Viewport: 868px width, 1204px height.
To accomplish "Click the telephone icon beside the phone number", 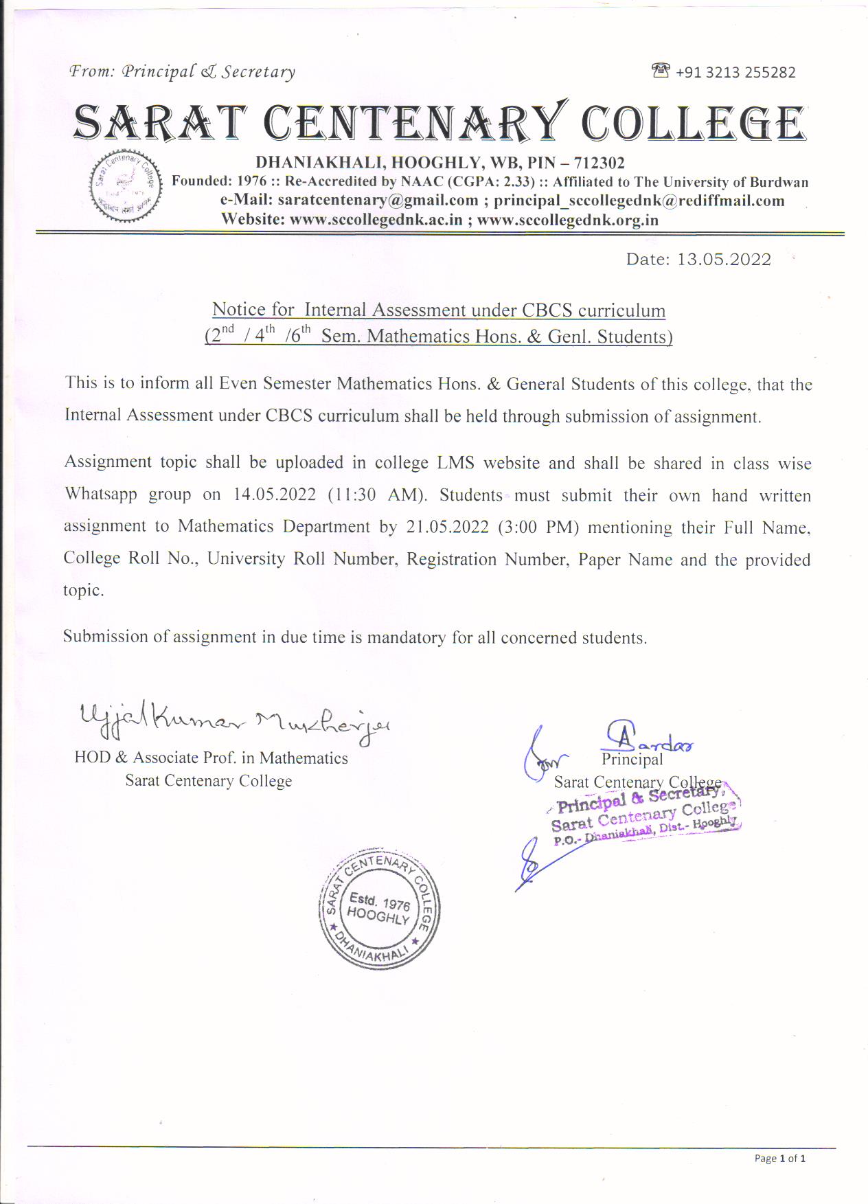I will point(660,71).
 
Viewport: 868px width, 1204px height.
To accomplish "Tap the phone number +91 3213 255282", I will point(735,73).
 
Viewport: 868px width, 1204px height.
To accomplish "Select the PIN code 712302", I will point(599,163).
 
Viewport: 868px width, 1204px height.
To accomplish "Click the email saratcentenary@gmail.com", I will point(378,201).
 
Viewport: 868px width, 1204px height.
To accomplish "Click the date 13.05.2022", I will point(724,260).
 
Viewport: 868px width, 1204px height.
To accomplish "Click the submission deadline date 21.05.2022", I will point(447,527).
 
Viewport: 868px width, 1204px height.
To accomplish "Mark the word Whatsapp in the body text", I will point(100,495).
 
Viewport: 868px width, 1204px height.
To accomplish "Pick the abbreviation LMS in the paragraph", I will point(455,463).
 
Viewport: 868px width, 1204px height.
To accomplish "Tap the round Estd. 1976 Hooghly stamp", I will point(378,909).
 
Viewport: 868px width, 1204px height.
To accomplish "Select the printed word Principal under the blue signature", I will point(632,760).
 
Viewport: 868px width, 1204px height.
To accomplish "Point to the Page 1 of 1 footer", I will point(779,1159).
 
